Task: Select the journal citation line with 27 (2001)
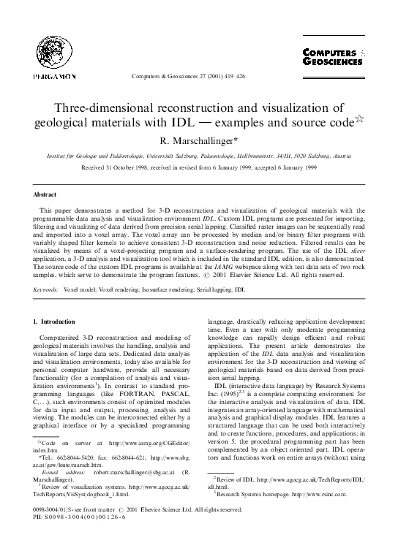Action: coord(199,76)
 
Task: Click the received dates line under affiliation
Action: coord(199,167)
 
